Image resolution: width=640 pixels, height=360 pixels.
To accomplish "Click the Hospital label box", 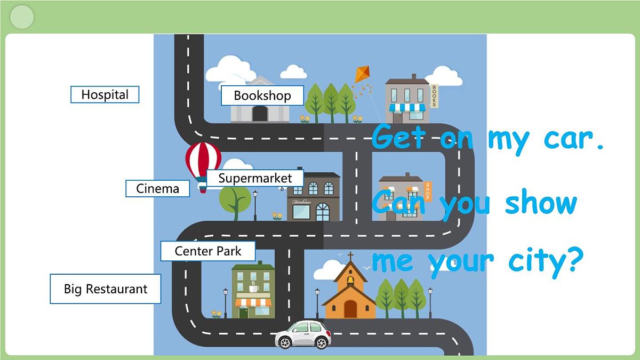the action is coord(105,94).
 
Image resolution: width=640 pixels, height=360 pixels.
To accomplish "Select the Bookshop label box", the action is coord(262,95).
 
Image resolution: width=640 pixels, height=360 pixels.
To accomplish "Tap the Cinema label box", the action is coord(158,189).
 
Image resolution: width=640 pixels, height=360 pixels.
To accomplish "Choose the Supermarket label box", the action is coord(255,178).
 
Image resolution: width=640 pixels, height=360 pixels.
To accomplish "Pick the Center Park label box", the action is coord(208,251).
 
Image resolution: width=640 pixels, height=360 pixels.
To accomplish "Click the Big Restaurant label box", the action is coord(106,289).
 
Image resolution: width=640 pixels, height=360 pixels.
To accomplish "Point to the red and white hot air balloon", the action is coord(203,166).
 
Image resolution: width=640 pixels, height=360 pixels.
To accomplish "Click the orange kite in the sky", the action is coord(362,74).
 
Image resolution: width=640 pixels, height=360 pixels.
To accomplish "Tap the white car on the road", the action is coord(303,334).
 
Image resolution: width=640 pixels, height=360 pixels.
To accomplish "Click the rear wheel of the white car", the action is coord(285,342).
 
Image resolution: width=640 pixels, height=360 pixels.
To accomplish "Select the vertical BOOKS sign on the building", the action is coord(434,95).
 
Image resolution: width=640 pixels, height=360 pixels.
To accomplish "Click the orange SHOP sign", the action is coord(428,191).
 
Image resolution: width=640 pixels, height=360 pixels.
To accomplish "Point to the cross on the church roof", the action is coord(350,255).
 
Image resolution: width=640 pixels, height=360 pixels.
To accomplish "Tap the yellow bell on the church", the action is coord(350,281).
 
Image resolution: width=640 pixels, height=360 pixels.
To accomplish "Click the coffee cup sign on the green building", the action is coord(253,287).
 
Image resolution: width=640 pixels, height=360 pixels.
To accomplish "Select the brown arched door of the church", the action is coord(350,309).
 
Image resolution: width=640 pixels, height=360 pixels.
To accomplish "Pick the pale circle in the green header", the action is coord(22,17).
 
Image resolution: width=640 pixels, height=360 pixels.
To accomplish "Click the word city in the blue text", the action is coord(546,262).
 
